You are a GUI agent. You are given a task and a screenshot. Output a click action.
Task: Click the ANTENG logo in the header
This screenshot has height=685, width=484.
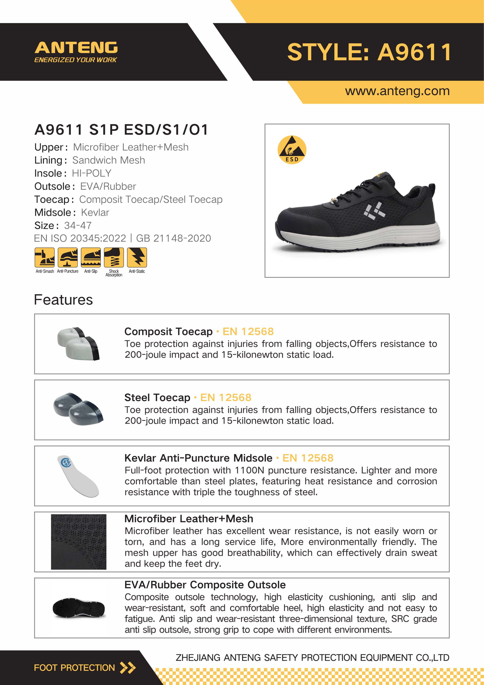click(76, 52)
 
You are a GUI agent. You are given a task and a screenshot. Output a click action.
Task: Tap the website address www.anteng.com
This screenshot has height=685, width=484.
click(397, 91)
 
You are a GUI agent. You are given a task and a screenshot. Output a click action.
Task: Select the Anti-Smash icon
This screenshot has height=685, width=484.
click(45, 257)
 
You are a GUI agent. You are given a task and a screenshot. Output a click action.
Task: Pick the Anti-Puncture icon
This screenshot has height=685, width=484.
click(68, 257)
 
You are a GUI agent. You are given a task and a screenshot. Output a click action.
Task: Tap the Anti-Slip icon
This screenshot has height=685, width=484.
click(91, 257)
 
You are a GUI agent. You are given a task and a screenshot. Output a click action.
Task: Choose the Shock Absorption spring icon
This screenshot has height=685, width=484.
click(114, 257)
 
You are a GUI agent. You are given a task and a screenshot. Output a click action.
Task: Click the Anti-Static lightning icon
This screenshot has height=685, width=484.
click(137, 257)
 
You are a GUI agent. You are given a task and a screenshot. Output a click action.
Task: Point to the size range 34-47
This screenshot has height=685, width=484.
click(78, 226)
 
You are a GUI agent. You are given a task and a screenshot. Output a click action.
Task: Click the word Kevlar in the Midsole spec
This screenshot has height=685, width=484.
click(95, 212)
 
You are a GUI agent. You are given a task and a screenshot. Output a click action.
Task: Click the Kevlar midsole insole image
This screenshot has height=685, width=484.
click(78, 476)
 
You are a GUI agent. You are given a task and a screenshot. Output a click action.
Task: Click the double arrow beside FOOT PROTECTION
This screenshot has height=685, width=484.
click(128, 668)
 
